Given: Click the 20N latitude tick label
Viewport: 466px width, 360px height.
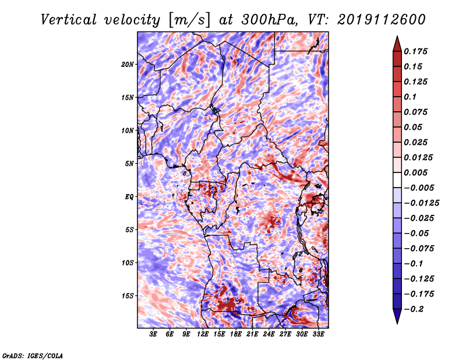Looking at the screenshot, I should [x=128, y=64].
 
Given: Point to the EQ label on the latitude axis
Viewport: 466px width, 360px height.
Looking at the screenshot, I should [x=129, y=197].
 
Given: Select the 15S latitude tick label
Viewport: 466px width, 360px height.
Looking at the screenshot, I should [x=128, y=296].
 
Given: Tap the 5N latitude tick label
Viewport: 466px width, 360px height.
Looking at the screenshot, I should [x=129, y=164].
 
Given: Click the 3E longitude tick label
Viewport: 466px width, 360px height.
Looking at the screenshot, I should [x=154, y=335].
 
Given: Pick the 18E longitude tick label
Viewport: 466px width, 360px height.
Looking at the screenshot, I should [x=236, y=335].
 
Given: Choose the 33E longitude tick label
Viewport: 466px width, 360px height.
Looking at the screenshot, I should [x=318, y=335].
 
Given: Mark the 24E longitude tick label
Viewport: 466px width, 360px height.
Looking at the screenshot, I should [x=269, y=335].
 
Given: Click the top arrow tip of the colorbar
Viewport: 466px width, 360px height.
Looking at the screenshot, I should [x=397, y=38].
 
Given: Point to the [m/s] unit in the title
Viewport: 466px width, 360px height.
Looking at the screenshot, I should [x=188, y=19].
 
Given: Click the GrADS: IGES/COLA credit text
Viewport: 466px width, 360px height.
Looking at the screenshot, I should [x=33, y=355].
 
